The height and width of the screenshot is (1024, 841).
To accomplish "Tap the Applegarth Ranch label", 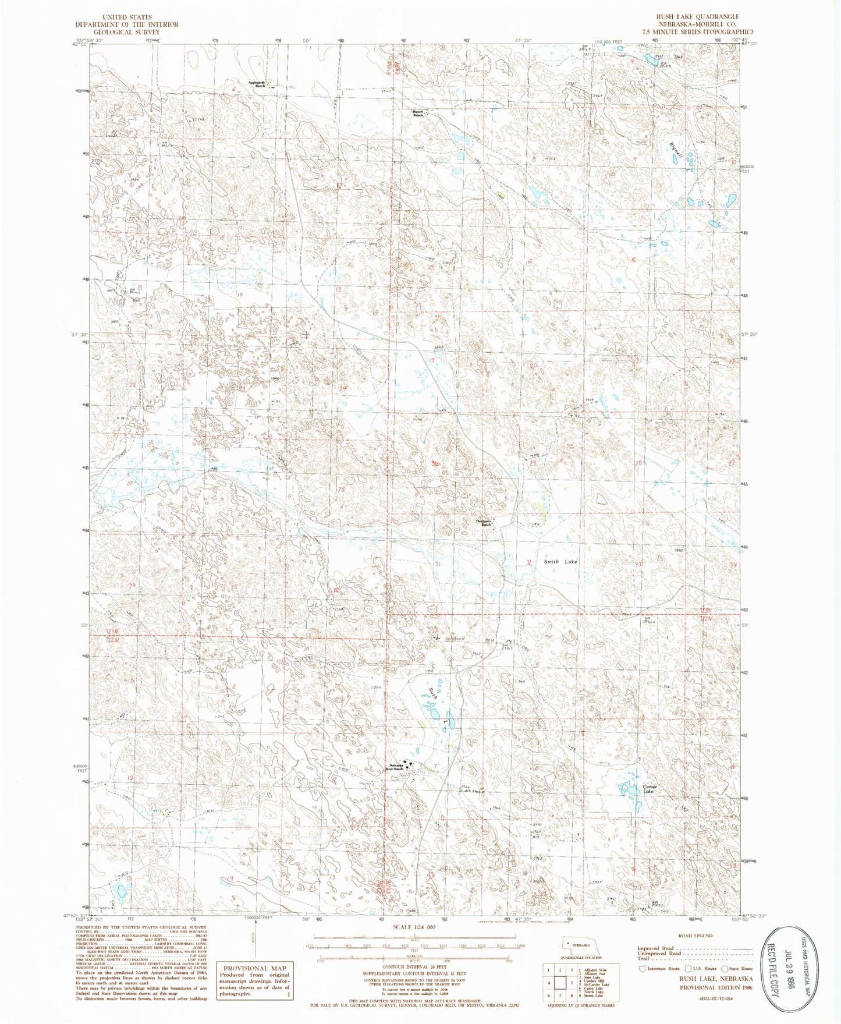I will [x=257, y=84].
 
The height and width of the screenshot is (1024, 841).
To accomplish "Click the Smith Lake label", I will [x=560, y=562].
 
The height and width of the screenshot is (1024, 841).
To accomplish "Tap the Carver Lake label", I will [x=650, y=789].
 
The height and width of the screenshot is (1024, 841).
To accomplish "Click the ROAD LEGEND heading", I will [x=695, y=936].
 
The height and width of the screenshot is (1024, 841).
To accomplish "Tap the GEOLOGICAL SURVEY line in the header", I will [x=126, y=32].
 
